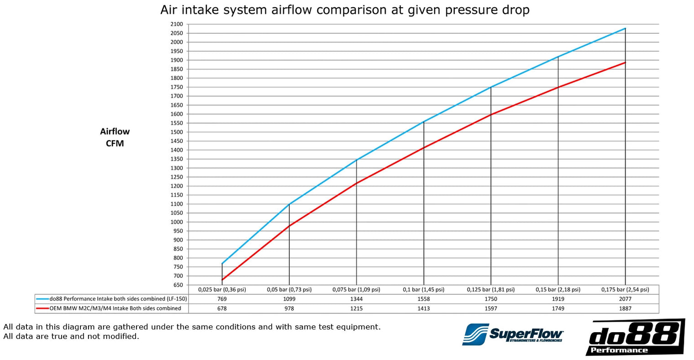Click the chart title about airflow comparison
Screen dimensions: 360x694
click(x=345, y=10)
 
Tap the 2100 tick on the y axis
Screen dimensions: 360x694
click(x=177, y=24)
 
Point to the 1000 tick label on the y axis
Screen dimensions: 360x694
click(x=177, y=222)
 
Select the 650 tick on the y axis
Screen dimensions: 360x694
click(x=178, y=285)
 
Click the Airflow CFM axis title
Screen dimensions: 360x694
click(x=115, y=137)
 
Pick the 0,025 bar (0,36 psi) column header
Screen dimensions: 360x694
click(x=222, y=290)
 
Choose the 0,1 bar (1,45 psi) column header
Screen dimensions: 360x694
click(x=423, y=290)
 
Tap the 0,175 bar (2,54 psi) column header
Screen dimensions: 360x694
click(x=625, y=290)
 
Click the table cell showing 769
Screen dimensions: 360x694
click(x=222, y=299)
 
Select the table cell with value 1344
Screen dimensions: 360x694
click(x=356, y=299)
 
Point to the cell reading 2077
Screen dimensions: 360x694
click(x=625, y=299)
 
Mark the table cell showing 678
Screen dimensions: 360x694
click(x=222, y=308)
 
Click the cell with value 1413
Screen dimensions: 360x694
click(x=423, y=308)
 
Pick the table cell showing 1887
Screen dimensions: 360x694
click(x=625, y=308)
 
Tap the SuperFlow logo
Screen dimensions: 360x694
click(x=513, y=334)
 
